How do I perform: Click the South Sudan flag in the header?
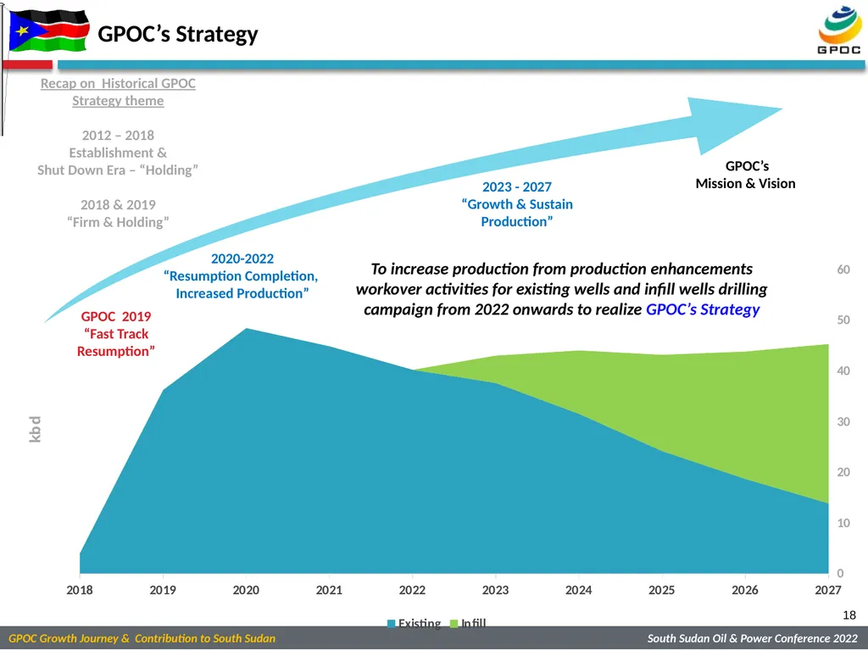[48, 31]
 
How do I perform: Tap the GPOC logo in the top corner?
[839, 30]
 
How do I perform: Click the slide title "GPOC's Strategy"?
[178, 34]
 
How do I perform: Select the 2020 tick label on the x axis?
[246, 590]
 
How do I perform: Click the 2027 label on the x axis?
[827, 590]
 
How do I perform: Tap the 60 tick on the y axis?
[843, 270]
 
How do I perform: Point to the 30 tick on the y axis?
[843, 422]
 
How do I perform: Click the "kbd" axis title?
[35, 429]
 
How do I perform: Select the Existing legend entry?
[414, 623]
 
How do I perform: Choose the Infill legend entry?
[468, 623]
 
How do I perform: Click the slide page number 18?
[849, 615]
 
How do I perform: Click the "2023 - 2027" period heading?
[517, 187]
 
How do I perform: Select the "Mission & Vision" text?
[745, 184]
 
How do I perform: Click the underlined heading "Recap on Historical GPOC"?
[118, 84]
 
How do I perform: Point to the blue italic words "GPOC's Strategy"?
[703, 309]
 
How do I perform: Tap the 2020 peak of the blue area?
[247, 329]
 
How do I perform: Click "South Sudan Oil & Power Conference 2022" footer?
[753, 639]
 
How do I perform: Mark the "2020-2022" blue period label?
[242, 259]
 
